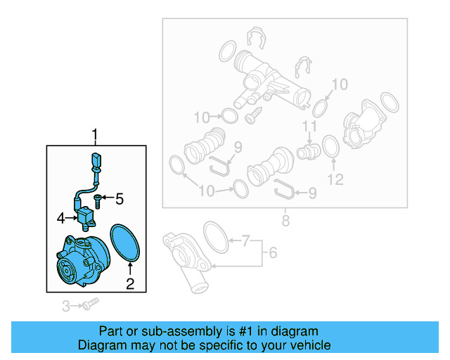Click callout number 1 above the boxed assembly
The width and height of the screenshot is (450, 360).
(96, 134)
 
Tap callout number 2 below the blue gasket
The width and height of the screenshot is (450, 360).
(129, 284)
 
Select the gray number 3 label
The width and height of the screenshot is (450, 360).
(66, 306)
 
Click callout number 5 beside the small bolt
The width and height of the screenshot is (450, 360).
(119, 199)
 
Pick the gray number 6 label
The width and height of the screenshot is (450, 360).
(273, 252)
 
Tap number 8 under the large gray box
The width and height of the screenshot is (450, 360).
(285, 221)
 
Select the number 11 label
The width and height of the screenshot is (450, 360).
(307, 127)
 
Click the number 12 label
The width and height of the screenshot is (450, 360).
(335, 179)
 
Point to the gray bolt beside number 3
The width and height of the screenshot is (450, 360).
(89, 305)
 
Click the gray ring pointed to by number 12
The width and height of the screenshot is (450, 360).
(330, 147)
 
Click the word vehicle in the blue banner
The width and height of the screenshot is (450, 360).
(306, 345)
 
